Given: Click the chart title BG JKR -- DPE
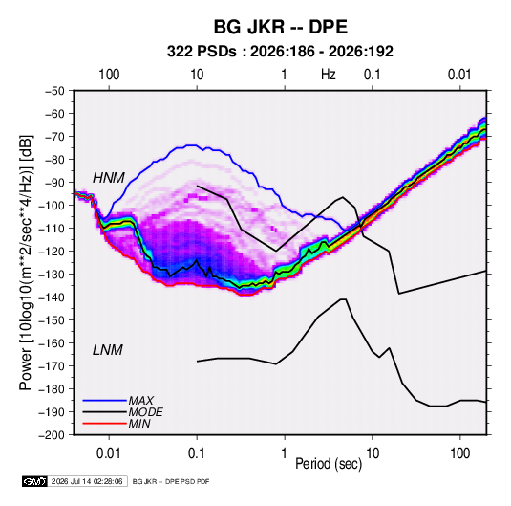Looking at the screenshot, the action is pos(281,27).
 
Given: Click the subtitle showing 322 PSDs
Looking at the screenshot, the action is pos(280,52).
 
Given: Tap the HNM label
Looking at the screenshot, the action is pos(109,178).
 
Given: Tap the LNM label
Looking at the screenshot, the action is pos(108,350).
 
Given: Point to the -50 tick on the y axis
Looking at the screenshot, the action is pos(54,91).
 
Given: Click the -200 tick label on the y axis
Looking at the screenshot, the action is pos(52,435).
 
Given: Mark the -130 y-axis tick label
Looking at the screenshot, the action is pos(52,275).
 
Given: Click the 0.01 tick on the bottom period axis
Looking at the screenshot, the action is pos(109,453).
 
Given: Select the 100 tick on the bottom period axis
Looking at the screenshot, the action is pos(459,453).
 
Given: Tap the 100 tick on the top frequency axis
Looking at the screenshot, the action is pos(109,75).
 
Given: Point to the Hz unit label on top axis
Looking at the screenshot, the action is pos(329,75).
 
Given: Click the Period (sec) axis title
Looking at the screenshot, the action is pos(329,464).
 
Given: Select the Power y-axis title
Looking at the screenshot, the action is pos(27,262).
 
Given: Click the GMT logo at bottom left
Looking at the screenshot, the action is pos(35,481).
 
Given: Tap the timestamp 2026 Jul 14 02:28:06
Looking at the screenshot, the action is pos(87,481).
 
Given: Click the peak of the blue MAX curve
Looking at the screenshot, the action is pos(192,145).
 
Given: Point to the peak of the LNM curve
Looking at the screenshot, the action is pos(343,299).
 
